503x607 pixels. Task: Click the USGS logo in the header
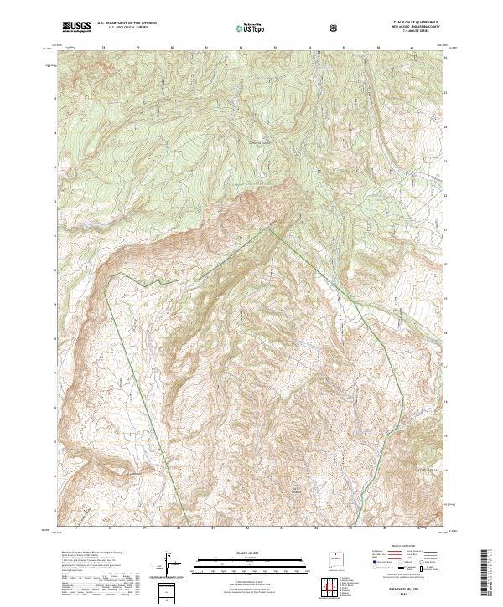[77, 28]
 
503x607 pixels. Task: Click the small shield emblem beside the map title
[334, 28]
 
